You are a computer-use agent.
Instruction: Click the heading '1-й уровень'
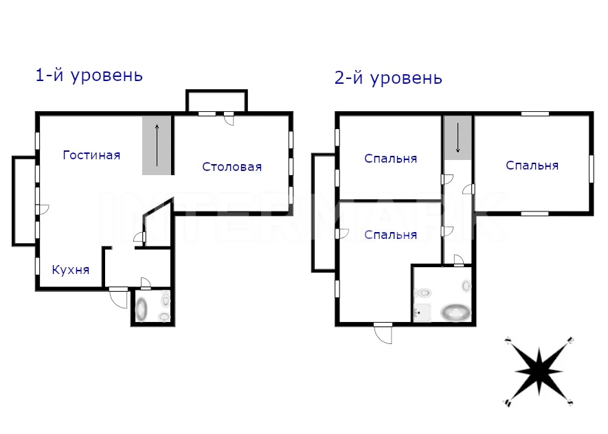click(x=89, y=75)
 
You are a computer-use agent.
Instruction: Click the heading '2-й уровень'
click(x=388, y=78)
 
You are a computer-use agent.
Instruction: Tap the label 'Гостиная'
click(x=91, y=155)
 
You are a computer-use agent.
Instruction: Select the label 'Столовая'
click(x=232, y=167)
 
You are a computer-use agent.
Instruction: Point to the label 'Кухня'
click(x=71, y=270)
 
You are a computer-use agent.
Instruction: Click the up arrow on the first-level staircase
click(x=157, y=146)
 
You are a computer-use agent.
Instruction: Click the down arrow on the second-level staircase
click(x=458, y=137)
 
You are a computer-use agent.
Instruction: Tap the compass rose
click(x=539, y=372)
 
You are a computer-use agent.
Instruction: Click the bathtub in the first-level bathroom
click(x=142, y=309)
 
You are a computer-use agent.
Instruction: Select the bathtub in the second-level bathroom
click(x=455, y=312)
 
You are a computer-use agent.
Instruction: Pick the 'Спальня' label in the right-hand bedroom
click(x=532, y=165)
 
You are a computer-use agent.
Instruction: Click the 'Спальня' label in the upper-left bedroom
click(x=390, y=159)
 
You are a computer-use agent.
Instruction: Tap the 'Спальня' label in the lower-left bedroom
click(x=390, y=235)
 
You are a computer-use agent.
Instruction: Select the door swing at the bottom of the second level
click(x=383, y=334)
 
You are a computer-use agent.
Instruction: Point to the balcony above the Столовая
click(x=217, y=102)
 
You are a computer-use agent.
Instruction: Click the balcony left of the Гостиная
click(x=25, y=201)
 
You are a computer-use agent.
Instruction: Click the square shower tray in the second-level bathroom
click(x=423, y=312)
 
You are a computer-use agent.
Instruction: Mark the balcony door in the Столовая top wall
click(x=229, y=119)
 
